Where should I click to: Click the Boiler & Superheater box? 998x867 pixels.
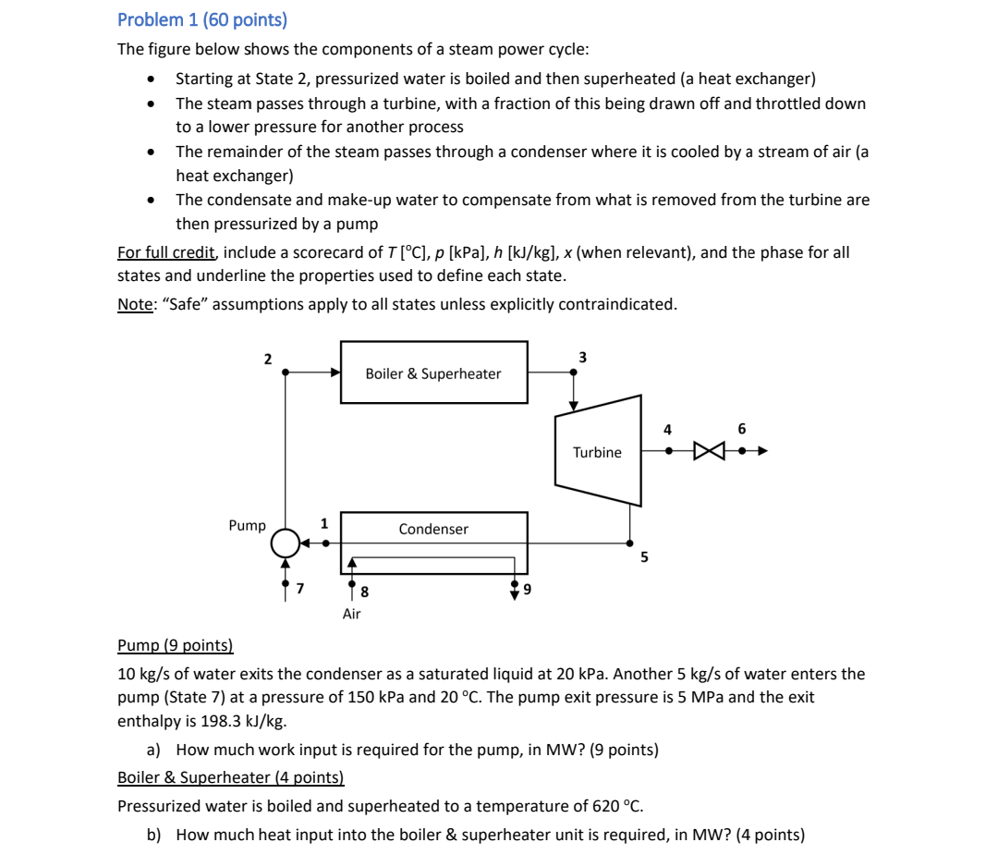point(433,372)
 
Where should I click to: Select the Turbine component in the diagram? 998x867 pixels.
point(597,452)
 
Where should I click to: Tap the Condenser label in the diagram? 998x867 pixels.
point(432,529)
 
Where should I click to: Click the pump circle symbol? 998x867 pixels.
point(286,543)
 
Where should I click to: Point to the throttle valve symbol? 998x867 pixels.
point(709,452)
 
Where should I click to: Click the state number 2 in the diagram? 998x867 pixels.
point(268,359)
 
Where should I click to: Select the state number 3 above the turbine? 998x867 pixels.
point(582,357)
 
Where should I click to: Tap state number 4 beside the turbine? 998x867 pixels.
point(668,429)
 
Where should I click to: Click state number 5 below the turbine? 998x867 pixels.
point(644,557)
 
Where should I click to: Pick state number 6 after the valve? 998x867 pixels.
point(741,429)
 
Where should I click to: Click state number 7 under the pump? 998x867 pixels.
point(299,588)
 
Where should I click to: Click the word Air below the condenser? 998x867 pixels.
point(351,614)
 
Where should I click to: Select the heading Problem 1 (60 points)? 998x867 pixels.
point(202,19)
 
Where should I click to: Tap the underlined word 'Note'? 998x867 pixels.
point(135,304)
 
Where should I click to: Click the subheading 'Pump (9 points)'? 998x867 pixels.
point(176,646)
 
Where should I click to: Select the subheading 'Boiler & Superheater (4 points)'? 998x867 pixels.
point(230,778)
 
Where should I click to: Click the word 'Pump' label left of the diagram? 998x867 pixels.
point(247,525)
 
